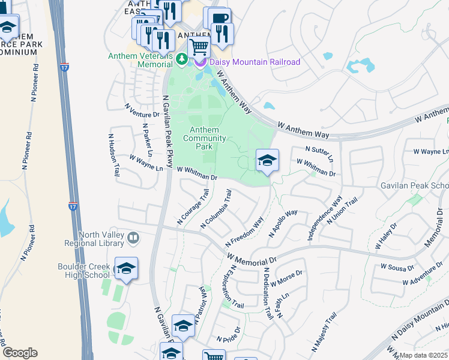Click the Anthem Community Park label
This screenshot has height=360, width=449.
point(205,139)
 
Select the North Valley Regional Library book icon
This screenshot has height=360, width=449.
point(133,239)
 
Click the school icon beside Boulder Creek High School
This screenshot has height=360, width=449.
point(126,269)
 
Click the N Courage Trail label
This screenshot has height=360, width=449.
point(192,208)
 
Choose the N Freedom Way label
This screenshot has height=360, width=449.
point(244,232)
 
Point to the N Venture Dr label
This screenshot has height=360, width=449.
point(142,110)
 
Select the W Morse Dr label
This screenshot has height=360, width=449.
point(287,278)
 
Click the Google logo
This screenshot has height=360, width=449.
point(20,353)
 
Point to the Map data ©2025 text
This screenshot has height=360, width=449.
point(423,355)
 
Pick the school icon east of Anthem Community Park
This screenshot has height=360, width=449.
point(267,160)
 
